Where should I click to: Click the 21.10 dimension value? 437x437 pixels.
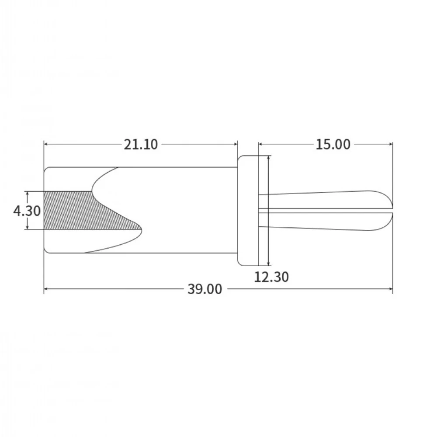point(141,144)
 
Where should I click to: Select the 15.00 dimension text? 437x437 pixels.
point(333,144)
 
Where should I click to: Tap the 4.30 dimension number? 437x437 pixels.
point(27,211)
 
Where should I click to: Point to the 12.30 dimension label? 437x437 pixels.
point(271,277)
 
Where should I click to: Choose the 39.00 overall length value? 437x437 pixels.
point(205,289)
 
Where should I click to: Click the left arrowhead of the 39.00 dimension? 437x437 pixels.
point(46,288)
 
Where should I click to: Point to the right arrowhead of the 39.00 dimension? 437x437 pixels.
point(390,288)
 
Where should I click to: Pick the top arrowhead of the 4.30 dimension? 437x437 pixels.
point(28,193)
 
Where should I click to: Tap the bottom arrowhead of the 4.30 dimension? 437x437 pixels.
point(28,228)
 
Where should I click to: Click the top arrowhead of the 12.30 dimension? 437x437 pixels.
point(268,158)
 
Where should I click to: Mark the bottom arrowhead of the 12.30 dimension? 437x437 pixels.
point(268,263)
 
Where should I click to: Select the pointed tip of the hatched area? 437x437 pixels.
point(141,227)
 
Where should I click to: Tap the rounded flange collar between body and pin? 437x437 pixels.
point(248,210)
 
